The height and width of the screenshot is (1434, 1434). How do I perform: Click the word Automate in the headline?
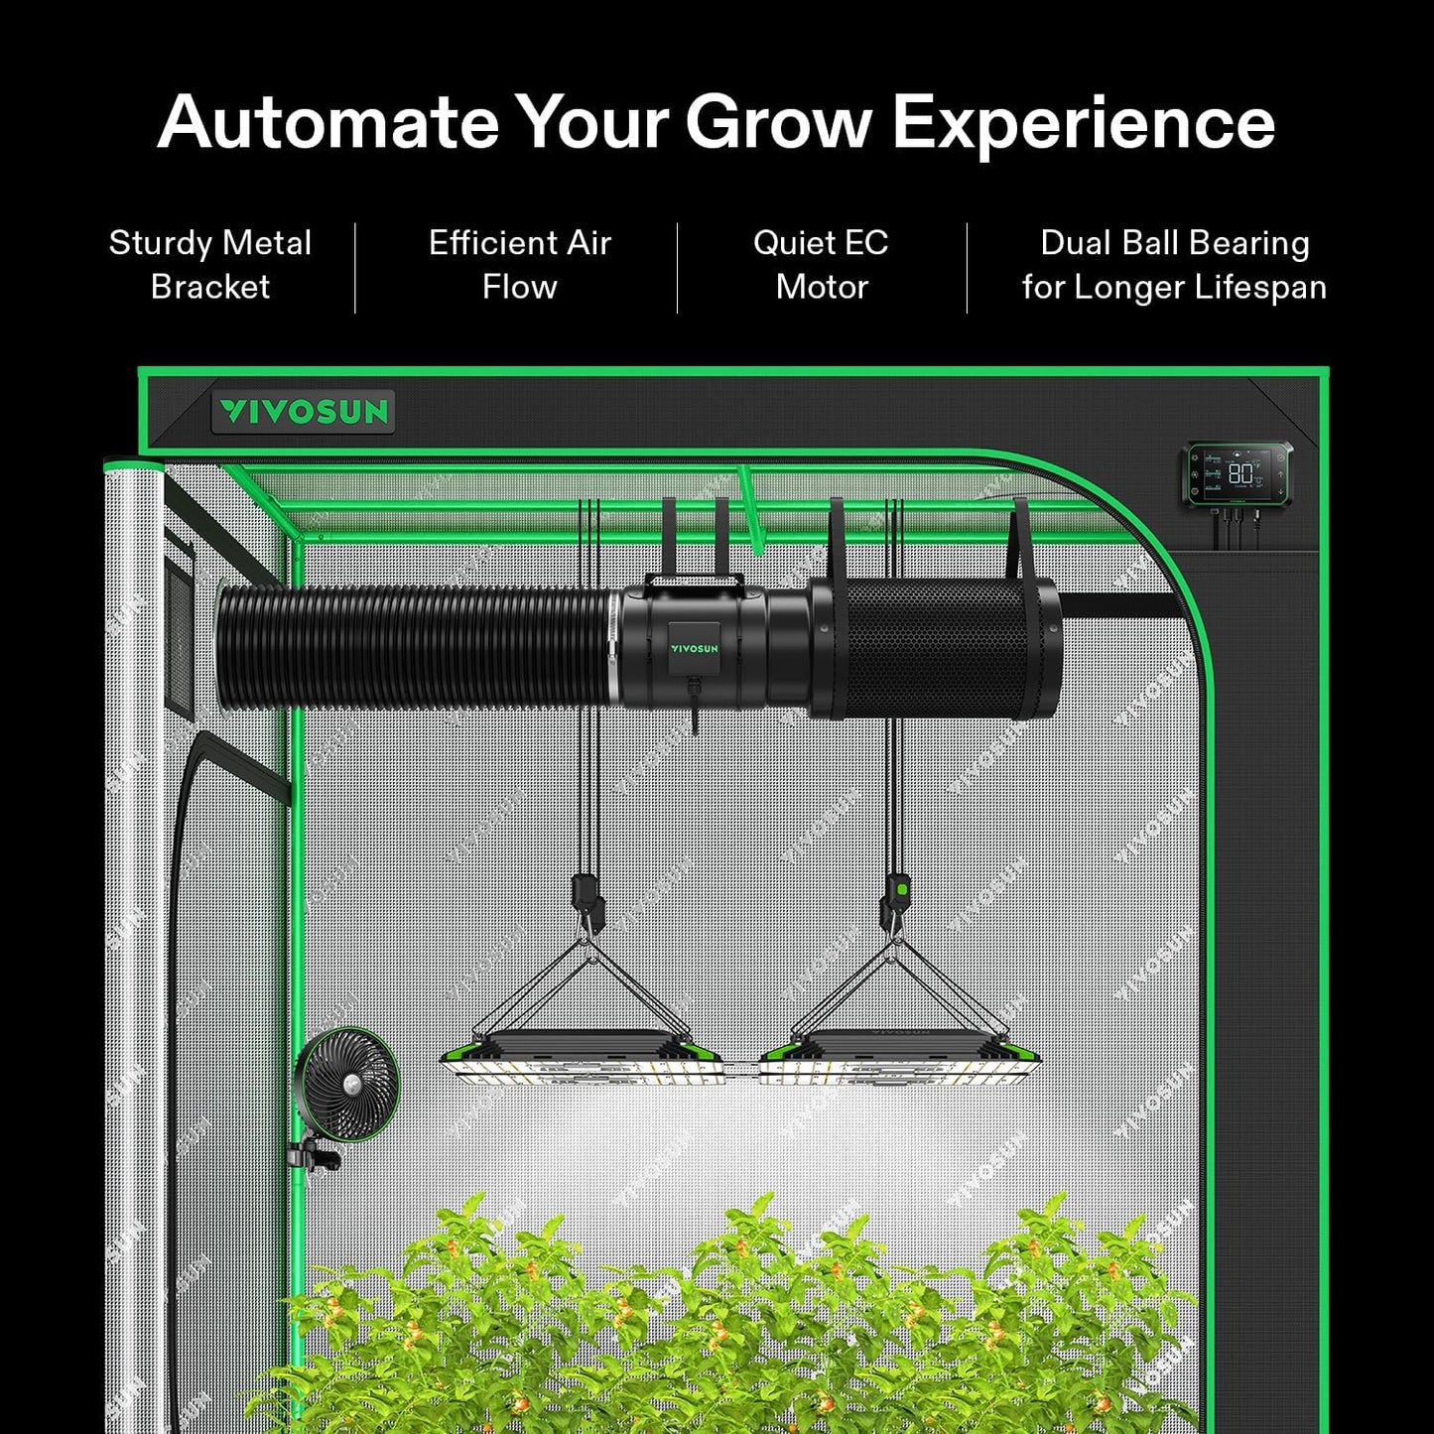(327, 123)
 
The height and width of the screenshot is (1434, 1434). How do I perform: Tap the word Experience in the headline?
(1083, 123)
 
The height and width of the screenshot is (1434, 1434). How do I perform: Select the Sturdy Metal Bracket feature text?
(210, 265)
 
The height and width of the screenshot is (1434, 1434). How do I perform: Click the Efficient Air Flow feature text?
(519, 265)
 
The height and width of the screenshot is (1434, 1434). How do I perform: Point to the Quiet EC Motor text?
(821, 265)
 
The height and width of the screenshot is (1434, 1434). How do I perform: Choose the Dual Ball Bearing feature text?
(1174, 265)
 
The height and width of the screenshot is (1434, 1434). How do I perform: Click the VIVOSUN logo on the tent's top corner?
(303, 412)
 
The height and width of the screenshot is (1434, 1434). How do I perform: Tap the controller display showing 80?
(1239, 473)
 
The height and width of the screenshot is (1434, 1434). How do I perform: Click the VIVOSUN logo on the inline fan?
(694, 649)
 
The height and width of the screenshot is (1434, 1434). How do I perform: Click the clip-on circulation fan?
(347, 1084)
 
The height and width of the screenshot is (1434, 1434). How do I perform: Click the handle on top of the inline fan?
(694, 582)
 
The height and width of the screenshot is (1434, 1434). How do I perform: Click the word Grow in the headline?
(778, 123)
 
